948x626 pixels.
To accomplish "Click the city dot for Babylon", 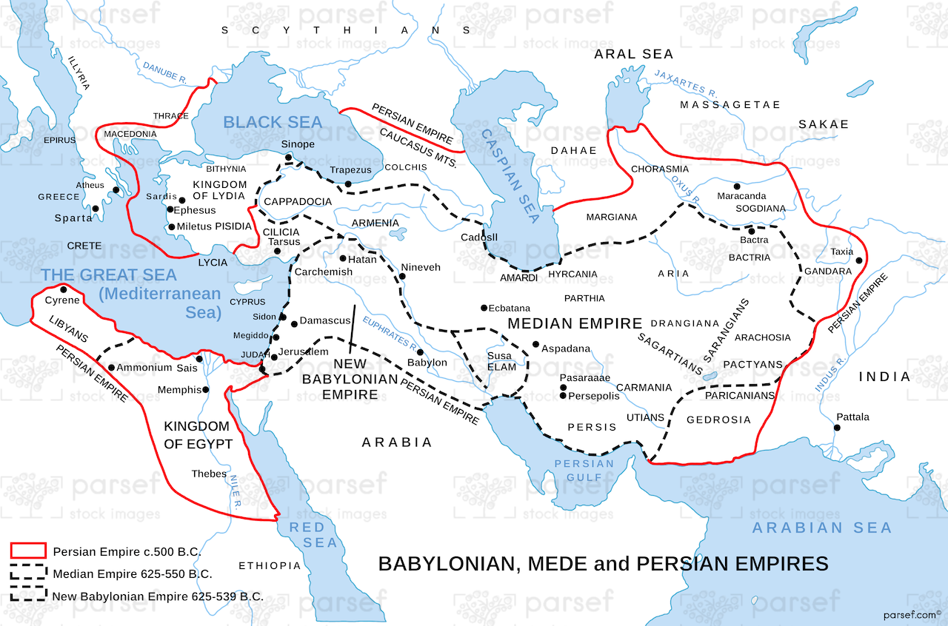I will [x=420, y=352].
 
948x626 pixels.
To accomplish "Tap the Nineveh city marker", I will [x=402, y=277].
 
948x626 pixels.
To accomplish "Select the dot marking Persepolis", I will [x=563, y=396].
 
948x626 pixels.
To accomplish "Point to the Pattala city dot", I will [x=837, y=428].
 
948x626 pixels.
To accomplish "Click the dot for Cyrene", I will [x=64, y=289].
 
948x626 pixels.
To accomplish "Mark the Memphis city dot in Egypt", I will [x=206, y=389].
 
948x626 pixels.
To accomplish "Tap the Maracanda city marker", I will [x=736, y=186].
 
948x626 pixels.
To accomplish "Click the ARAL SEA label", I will [x=634, y=54].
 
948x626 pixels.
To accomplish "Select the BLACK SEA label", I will [x=273, y=122].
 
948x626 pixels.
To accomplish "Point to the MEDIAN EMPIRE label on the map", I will [x=574, y=323].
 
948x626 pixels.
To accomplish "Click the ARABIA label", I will [x=396, y=442].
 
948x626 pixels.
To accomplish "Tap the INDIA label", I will [x=884, y=377].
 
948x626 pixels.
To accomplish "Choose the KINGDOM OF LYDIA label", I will [x=219, y=190].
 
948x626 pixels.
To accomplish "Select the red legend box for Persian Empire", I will [x=28, y=551].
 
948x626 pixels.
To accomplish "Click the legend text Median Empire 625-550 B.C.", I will [x=132, y=573].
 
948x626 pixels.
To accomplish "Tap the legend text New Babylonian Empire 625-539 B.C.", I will [x=157, y=596].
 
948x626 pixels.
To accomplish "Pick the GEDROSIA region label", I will [x=718, y=420].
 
